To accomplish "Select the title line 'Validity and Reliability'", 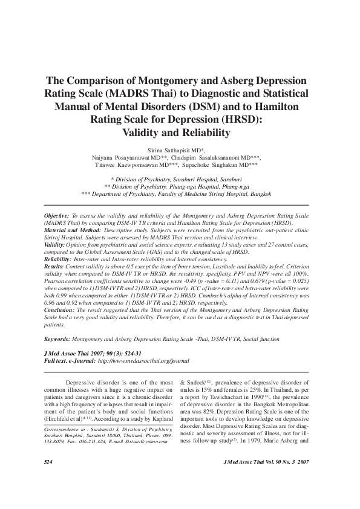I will coord(179,132).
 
